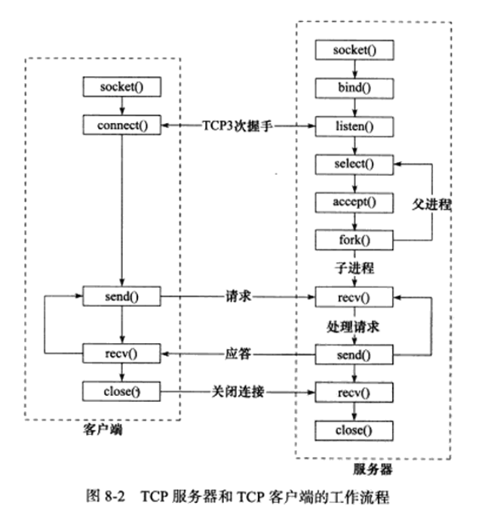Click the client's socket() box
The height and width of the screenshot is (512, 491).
[x=121, y=87]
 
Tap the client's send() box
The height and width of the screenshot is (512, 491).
[x=121, y=297]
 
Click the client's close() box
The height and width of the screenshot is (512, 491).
[x=121, y=391]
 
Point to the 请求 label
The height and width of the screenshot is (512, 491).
[x=237, y=297]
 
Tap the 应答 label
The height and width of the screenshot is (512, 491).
[x=237, y=353]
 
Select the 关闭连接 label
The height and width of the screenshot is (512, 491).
[x=237, y=392]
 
